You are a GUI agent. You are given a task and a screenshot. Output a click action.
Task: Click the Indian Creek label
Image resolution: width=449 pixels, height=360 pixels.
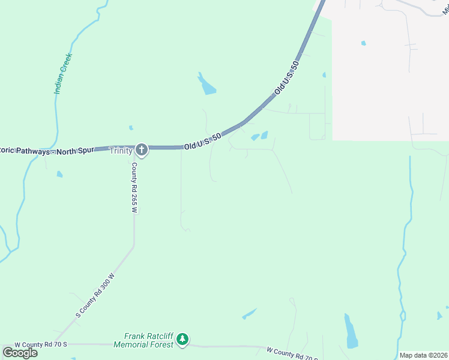(63, 74)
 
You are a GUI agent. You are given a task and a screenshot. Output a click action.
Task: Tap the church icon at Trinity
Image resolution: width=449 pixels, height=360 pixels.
(142, 149)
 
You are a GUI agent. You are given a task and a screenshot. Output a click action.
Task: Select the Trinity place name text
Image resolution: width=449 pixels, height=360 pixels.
(121, 151)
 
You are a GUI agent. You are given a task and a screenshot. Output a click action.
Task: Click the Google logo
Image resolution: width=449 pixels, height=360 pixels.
(20, 353)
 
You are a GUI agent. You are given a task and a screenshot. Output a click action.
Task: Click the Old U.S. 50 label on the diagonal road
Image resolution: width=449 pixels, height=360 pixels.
(286, 78)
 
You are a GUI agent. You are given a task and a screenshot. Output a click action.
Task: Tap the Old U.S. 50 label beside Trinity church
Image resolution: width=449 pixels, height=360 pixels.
(203, 142)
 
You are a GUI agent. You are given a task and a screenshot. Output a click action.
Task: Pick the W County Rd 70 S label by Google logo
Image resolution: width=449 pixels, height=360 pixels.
(40, 344)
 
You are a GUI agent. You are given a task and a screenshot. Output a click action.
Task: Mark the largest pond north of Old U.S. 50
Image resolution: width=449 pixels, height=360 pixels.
(206, 85)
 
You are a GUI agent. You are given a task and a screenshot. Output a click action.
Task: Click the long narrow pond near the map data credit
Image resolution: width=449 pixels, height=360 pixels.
(351, 332)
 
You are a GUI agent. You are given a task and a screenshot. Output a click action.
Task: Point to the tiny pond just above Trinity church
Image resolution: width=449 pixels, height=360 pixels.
(131, 127)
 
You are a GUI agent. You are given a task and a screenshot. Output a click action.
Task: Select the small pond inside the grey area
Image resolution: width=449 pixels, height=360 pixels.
(363, 43)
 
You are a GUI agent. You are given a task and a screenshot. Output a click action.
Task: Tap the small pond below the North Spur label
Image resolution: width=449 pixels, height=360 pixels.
(59, 174)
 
